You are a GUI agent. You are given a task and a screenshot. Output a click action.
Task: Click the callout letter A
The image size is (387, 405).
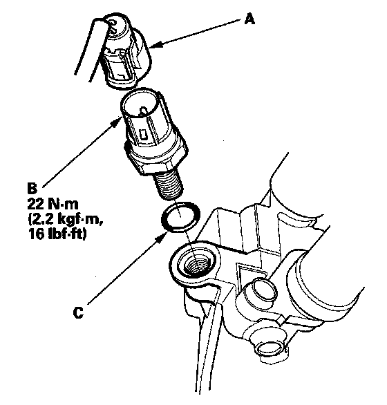point(249,19)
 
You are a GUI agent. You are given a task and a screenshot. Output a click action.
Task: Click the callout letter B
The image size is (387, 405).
point(32,188)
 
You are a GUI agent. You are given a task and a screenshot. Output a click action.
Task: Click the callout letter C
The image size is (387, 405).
point(78,313)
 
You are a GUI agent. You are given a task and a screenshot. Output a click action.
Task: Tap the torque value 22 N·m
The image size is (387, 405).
point(53,204)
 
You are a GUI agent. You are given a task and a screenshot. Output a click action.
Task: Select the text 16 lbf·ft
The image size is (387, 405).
point(57,234)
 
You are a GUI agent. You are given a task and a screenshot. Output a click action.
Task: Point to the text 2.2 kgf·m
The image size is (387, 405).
point(66,220)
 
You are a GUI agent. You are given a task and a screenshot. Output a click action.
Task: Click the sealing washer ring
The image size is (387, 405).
point(180,216)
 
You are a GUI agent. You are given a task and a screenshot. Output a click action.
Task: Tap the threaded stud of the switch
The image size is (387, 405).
point(169,185)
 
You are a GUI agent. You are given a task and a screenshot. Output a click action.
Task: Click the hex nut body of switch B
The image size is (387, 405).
point(157,158)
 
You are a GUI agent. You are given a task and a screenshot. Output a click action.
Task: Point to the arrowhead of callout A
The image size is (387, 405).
point(155,46)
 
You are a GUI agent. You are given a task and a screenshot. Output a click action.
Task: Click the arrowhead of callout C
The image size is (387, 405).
point(163,236)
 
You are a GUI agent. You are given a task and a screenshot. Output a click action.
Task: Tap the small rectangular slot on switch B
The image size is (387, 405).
point(142,134)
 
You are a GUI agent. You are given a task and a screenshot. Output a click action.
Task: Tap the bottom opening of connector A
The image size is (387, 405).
point(122,83)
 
